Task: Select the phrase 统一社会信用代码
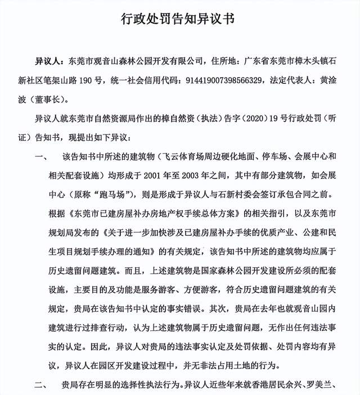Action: coord(148,80)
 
